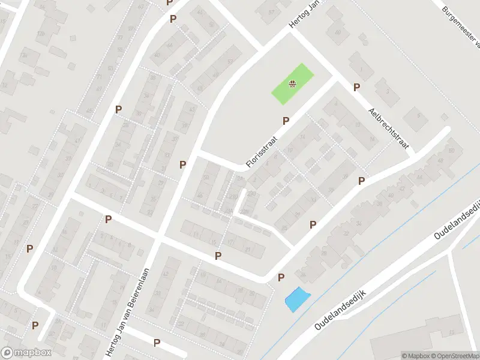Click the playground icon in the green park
point(292,84)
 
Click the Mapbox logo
point(26,352)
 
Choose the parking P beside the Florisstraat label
point(286,121)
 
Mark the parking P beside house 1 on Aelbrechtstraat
point(356,88)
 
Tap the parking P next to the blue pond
point(281,277)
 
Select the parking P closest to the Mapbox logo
point(35,325)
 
